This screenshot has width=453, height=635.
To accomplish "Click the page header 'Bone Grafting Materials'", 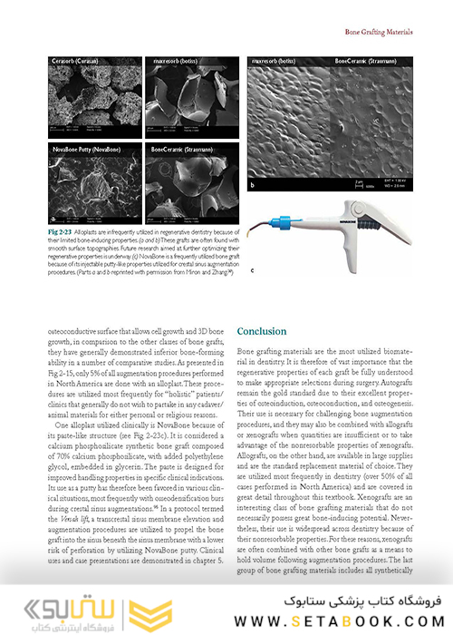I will click(x=379, y=32).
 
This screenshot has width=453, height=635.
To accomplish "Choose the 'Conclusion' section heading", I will click(x=261, y=331).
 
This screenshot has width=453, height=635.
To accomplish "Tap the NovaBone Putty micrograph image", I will click(x=97, y=183).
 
